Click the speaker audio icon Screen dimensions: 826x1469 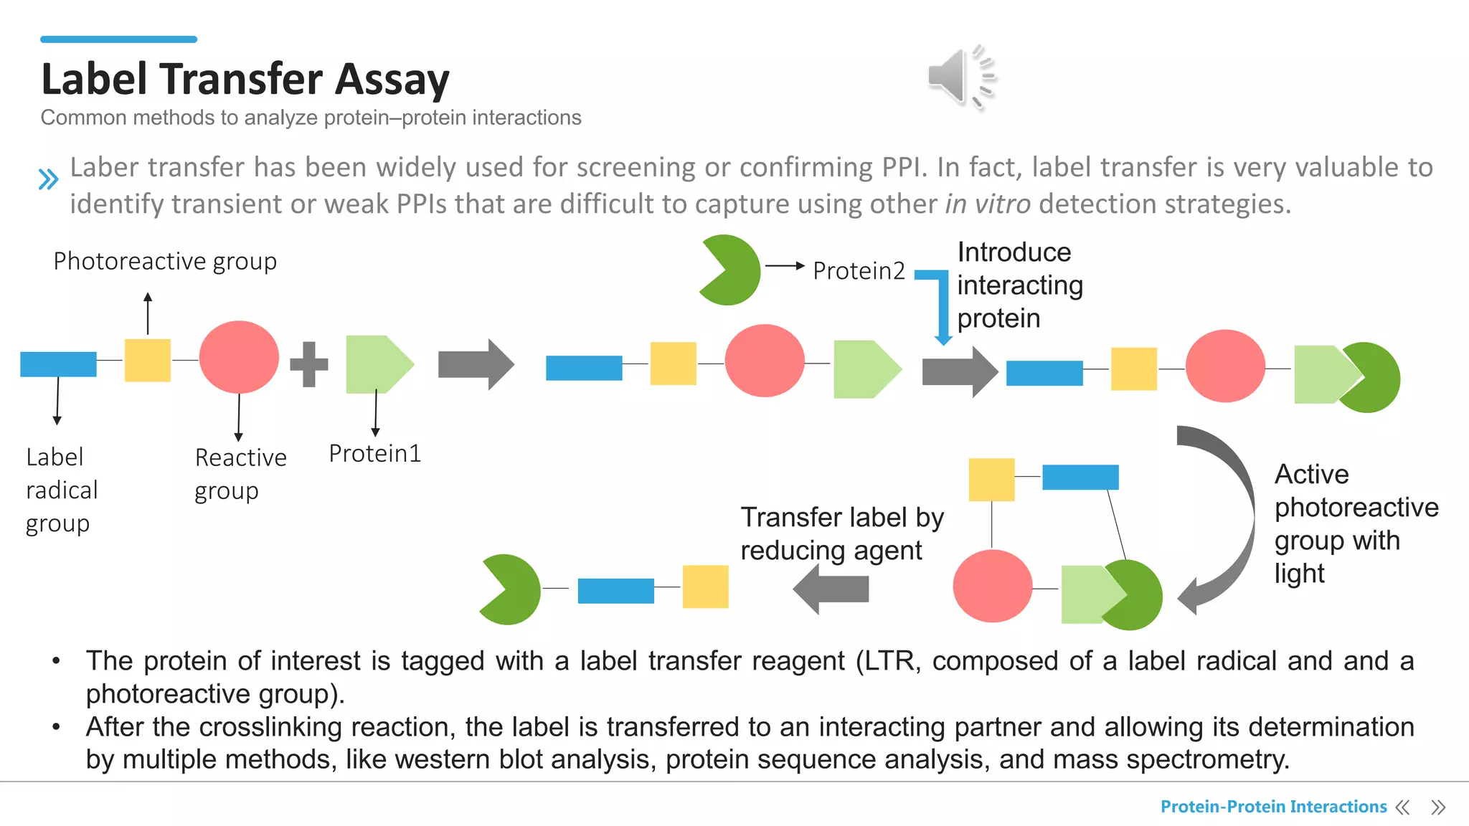(x=961, y=77)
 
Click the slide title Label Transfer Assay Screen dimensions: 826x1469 (x=245, y=79)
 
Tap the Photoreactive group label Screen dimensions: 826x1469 (x=165, y=261)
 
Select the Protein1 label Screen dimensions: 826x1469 (x=374, y=453)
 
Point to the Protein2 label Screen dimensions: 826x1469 (x=859, y=271)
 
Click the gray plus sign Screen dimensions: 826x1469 (x=309, y=364)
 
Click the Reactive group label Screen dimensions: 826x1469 (x=240, y=474)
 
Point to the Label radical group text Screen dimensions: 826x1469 (x=61, y=490)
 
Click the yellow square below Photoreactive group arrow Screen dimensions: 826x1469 (x=148, y=360)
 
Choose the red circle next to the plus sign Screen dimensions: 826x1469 (x=239, y=357)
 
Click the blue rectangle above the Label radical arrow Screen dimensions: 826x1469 (x=58, y=364)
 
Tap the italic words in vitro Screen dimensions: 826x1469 (x=987, y=204)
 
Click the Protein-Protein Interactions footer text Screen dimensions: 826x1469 (x=1273, y=807)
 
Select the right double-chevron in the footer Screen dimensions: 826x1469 (x=1437, y=807)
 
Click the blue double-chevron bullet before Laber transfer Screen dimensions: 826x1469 (x=48, y=179)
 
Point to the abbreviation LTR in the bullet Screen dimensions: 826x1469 (x=889, y=661)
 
